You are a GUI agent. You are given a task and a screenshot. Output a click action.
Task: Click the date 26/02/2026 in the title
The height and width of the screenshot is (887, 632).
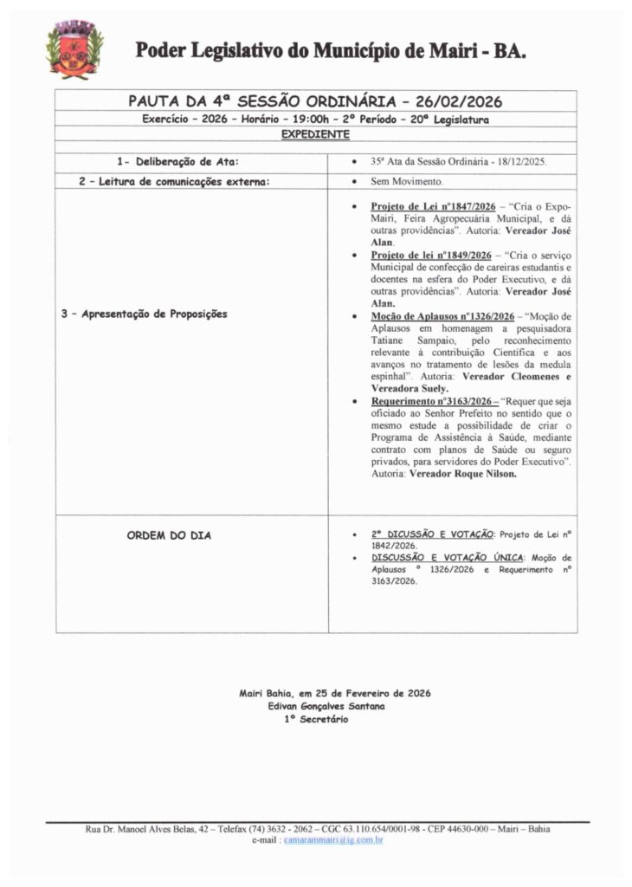tap(464, 101)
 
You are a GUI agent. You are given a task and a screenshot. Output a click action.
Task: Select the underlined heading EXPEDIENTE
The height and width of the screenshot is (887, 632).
tap(315, 134)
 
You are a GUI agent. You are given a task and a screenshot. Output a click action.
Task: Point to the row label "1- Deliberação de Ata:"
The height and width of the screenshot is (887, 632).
tap(177, 162)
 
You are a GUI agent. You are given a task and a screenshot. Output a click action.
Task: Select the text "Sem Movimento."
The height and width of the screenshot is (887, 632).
tap(407, 182)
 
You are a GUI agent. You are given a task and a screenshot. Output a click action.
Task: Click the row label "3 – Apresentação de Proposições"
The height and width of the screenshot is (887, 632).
tap(145, 314)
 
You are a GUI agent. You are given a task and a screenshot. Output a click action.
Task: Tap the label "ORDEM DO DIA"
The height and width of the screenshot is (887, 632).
tap(170, 535)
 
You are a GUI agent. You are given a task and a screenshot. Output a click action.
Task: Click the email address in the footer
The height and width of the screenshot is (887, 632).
tap(333, 840)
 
